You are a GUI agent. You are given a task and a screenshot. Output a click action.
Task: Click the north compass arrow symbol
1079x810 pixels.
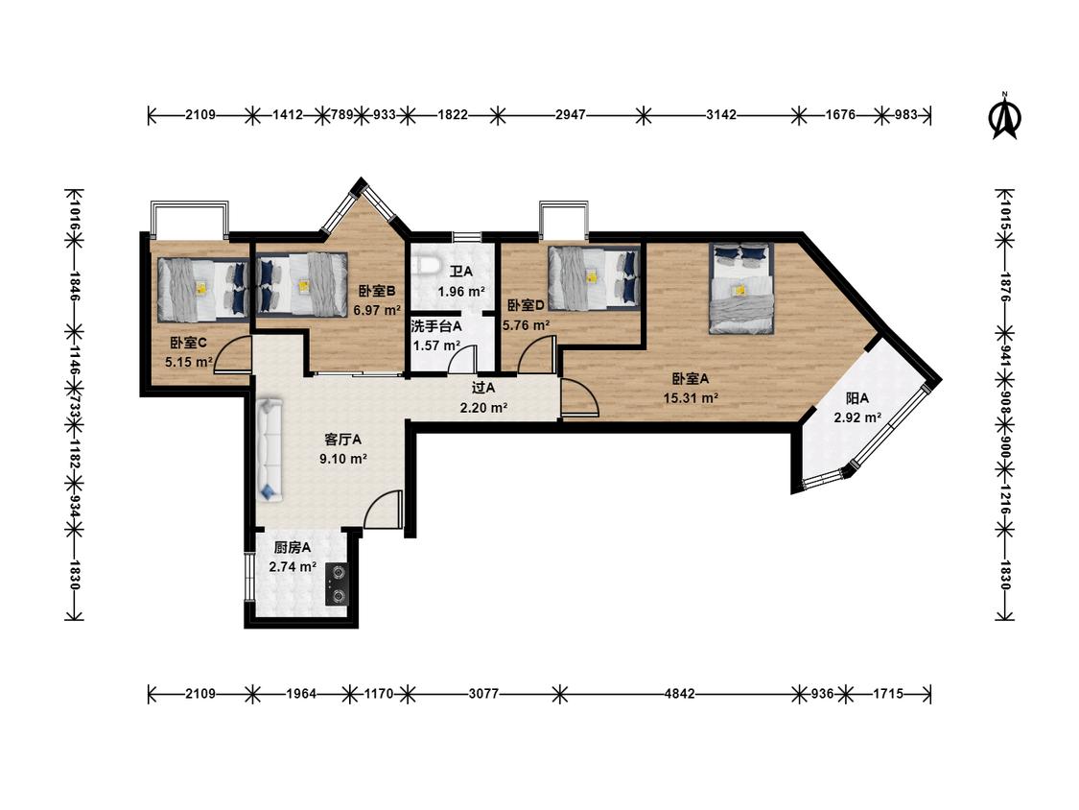(1005, 116)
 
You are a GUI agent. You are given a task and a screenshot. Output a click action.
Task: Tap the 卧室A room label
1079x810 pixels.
(691, 379)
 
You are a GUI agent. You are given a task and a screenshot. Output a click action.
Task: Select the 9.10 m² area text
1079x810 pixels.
(342, 458)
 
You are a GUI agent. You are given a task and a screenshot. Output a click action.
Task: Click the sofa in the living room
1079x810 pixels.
(270, 448)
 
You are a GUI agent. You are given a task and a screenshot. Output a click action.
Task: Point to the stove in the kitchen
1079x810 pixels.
(338, 584)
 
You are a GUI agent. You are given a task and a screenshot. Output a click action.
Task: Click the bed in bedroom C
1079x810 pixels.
(202, 289)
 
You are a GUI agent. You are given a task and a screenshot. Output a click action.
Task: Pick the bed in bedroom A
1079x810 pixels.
(741, 288)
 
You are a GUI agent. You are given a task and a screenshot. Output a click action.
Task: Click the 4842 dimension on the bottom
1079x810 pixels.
(679, 694)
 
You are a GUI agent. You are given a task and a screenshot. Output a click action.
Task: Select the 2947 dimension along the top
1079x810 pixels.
(571, 114)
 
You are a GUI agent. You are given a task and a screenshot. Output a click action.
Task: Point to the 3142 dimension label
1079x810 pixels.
(721, 114)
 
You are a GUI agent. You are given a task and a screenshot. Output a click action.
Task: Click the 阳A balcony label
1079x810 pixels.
(857, 398)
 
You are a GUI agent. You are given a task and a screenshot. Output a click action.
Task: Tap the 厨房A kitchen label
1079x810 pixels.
(293, 548)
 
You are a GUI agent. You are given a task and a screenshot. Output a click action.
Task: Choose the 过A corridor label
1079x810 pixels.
(483, 389)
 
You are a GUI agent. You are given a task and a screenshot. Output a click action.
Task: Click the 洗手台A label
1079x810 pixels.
(436, 325)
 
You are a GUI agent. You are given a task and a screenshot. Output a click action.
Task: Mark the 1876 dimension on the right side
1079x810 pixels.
(1005, 287)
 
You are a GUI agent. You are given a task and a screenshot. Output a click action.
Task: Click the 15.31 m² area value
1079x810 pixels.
(691, 397)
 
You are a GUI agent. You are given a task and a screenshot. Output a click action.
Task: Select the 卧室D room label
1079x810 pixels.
(527, 305)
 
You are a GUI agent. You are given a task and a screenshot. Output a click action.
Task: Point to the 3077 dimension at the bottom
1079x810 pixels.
(483, 694)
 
